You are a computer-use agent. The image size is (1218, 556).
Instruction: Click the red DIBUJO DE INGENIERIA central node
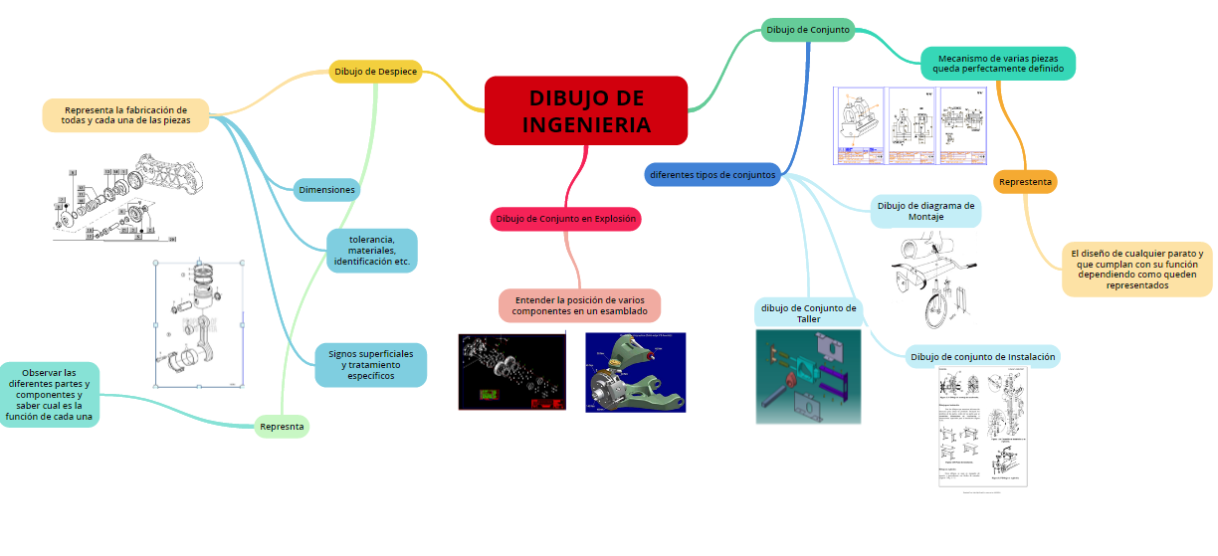(586, 110)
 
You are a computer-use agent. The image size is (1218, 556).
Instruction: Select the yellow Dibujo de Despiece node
(375, 71)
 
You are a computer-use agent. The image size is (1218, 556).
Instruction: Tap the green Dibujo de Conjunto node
(808, 30)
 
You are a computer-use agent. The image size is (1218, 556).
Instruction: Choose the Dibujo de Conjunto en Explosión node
(565, 218)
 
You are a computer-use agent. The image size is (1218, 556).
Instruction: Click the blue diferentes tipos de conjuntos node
(711, 174)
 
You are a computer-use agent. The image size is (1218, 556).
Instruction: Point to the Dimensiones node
(326, 189)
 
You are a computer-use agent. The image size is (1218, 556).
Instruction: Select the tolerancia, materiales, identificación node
(371, 251)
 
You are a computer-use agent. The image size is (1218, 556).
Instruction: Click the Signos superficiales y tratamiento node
(371, 364)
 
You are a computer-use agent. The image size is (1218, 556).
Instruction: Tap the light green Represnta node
(282, 426)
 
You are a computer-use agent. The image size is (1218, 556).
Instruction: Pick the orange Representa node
(1025, 182)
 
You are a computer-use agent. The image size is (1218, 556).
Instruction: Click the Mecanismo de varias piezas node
(998, 63)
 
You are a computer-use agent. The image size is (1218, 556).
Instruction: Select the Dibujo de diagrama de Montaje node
(925, 211)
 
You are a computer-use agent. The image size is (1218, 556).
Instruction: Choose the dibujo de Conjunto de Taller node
(808, 312)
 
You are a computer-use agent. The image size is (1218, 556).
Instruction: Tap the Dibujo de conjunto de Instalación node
(982, 356)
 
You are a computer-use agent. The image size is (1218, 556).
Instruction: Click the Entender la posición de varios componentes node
(579, 305)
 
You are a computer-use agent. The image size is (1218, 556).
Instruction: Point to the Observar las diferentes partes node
(49, 395)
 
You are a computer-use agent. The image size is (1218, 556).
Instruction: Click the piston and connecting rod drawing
(199, 323)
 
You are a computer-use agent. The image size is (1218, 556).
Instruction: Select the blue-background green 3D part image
(636, 372)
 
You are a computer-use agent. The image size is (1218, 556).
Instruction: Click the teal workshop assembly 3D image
(808, 377)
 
